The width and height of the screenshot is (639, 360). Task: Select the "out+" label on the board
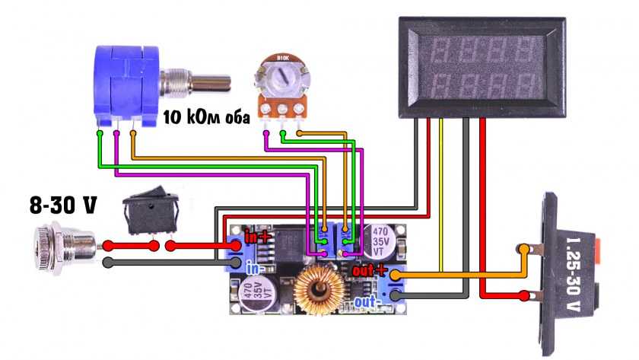pyautogui.click(x=370, y=271)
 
